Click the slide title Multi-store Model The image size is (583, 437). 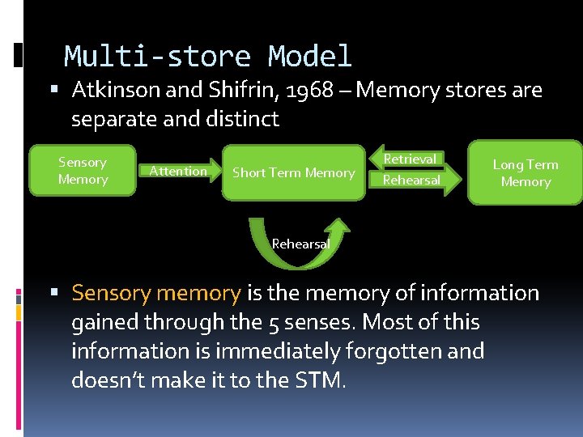208,57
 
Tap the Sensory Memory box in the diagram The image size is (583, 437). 82,171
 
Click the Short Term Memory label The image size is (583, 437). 293,172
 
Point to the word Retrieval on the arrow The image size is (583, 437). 410,159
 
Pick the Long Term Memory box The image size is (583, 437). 526,172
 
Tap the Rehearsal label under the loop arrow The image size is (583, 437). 300,244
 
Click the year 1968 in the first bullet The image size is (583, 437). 310,90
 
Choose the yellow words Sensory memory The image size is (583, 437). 155,293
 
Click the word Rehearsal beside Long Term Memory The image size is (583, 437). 411,180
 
